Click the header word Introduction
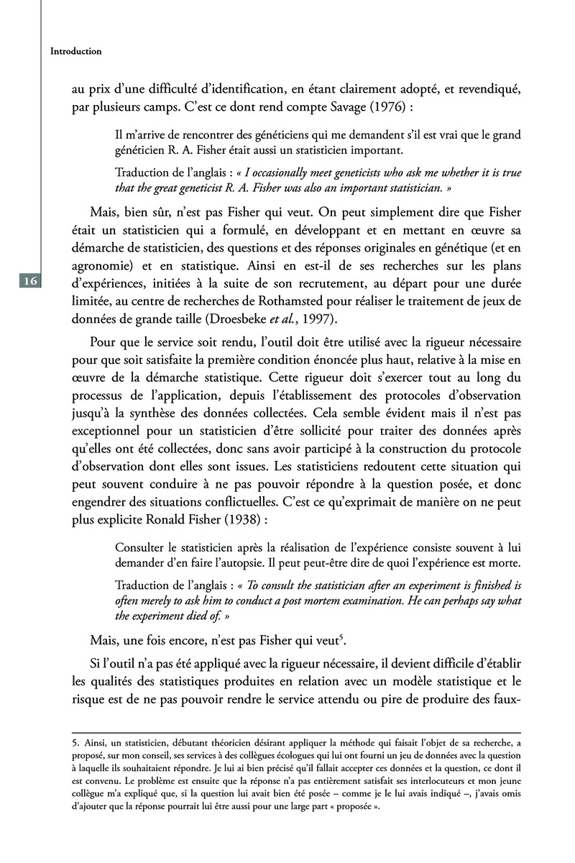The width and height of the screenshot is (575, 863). (75, 52)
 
